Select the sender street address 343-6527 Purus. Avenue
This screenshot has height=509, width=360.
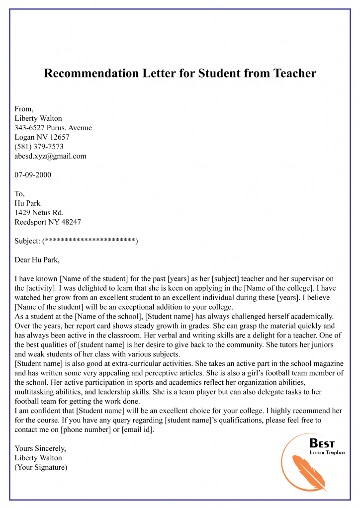[53, 128]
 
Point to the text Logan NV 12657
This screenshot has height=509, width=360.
[42, 137]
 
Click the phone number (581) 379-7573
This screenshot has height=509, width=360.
[39, 147]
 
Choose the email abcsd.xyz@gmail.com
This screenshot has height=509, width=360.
[50, 156]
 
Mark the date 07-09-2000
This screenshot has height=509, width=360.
[33, 175]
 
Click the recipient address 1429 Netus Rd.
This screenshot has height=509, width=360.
[39, 213]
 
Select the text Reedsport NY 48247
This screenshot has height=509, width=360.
[48, 222]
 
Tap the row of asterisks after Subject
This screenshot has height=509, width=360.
[90, 241]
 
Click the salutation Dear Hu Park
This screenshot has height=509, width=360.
[37, 260]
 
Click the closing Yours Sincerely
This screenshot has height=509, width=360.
[40, 448]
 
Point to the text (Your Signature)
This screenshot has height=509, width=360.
[41, 467]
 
